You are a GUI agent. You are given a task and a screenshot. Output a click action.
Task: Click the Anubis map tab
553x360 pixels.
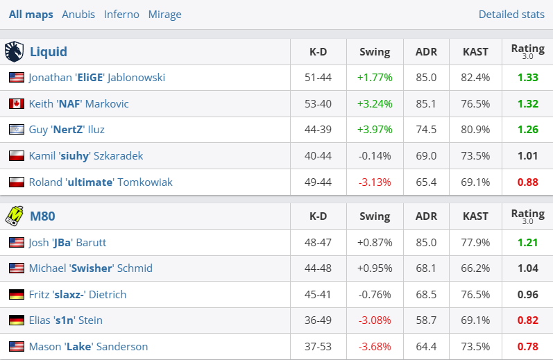click(x=78, y=14)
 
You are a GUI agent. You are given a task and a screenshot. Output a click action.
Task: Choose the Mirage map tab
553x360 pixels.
click(x=164, y=14)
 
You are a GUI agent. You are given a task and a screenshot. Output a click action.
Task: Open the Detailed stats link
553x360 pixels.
click(x=511, y=14)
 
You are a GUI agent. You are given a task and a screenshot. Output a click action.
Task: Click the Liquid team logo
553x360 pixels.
click(x=14, y=51)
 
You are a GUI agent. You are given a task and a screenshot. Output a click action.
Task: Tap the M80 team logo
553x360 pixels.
click(x=14, y=216)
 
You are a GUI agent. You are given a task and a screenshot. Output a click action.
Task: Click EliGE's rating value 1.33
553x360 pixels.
click(x=527, y=77)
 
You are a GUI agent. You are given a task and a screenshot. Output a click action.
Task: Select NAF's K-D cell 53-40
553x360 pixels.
click(x=318, y=103)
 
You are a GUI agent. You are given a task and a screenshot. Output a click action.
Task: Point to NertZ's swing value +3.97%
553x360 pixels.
click(x=375, y=130)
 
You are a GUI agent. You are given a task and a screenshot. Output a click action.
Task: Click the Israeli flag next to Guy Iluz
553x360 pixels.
click(x=17, y=130)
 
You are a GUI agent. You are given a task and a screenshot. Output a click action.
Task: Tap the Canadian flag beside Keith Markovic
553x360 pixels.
click(x=17, y=103)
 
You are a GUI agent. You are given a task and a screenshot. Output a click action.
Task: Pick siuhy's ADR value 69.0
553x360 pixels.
click(x=425, y=155)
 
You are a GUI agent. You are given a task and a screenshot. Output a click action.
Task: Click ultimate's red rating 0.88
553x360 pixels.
click(x=527, y=182)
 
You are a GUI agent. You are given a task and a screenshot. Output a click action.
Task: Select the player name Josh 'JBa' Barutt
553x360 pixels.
click(x=67, y=242)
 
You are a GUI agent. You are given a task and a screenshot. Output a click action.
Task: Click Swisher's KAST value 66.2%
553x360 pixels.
click(x=475, y=268)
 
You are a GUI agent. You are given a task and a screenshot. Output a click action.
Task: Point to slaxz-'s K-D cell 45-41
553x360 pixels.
click(x=318, y=294)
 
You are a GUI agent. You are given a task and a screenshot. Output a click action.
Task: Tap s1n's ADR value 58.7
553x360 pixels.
click(x=425, y=320)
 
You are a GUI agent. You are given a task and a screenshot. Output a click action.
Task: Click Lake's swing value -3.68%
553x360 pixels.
click(x=375, y=346)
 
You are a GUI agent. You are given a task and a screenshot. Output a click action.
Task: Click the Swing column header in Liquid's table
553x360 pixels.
click(x=375, y=51)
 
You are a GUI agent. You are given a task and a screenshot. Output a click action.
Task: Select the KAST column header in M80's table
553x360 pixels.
click(x=475, y=216)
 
